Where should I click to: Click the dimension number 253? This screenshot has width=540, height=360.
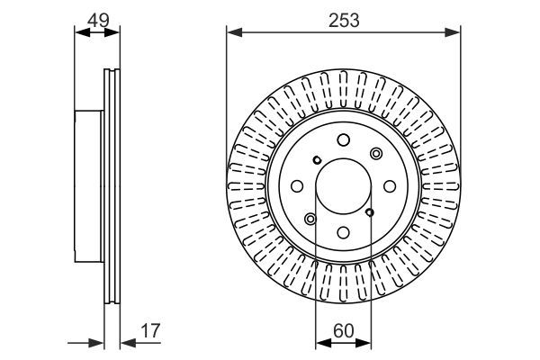click(344, 21)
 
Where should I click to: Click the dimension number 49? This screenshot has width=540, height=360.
click(98, 21)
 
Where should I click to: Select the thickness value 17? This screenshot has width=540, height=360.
click(150, 330)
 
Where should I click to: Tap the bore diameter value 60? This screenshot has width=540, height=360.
click(344, 330)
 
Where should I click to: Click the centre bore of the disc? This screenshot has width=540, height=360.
click(344, 186)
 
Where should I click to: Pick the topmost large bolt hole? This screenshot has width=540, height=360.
click(344, 139)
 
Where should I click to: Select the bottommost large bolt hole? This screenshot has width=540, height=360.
click(344, 232)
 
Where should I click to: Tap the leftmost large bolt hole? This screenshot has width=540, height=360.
click(297, 186)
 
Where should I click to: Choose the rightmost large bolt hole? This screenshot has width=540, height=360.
click(390, 186)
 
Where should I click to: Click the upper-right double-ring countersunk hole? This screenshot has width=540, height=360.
click(376, 153)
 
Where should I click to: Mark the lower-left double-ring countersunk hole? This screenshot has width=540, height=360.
click(310, 219)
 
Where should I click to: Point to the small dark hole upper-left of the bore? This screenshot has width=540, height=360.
click(317, 160)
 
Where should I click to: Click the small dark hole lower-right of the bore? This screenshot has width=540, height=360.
click(370, 212)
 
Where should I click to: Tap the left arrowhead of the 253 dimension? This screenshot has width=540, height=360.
click(235, 32)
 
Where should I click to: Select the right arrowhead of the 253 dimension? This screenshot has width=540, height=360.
click(452, 32)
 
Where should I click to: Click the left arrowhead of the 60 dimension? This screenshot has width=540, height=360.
click(323, 343)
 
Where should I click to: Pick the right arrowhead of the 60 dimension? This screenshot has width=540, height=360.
click(364, 343)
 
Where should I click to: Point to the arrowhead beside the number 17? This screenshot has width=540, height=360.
click(128, 343)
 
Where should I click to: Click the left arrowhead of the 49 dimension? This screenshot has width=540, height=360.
click(82, 32)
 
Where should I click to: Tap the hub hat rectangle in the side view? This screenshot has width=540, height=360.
click(89, 186)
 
